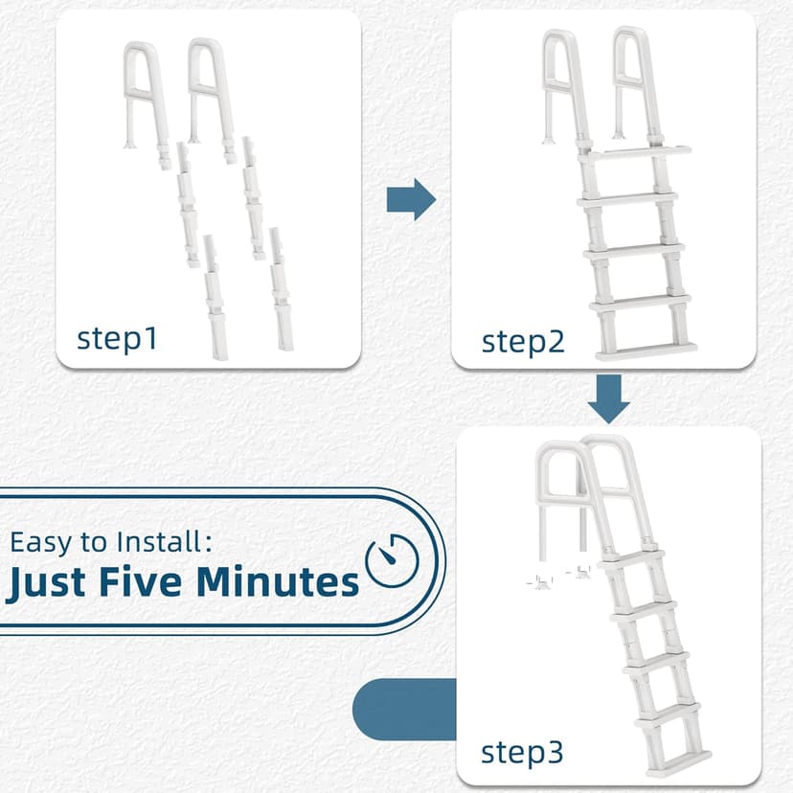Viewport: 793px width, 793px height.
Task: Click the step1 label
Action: click(117, 338)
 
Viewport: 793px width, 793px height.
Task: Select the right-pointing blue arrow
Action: click(411, 200)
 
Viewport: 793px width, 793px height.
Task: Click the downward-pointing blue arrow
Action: click(608, 398)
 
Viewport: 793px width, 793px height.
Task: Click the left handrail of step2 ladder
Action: click(560, 81)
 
